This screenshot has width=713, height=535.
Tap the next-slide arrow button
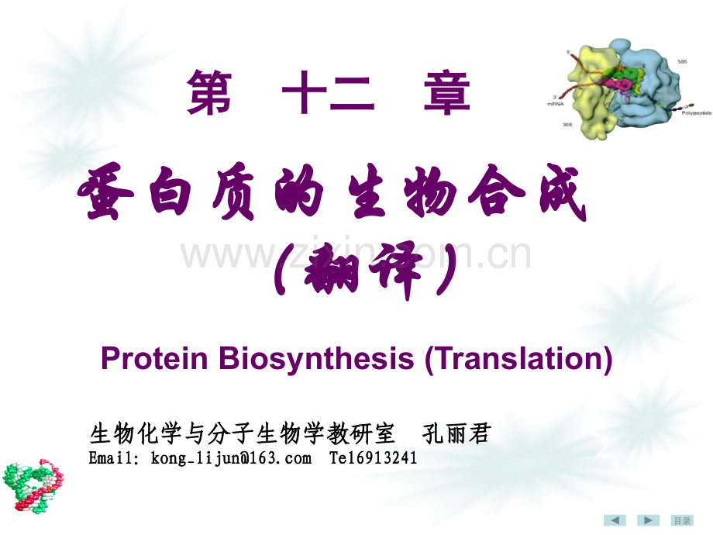tap(648, 520)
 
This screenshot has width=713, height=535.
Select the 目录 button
tap(681, 520)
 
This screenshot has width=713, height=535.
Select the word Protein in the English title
tap(154, 360)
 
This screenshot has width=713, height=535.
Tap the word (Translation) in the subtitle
tap(518, 360)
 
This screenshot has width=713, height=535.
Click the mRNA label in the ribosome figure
tap(576, 101)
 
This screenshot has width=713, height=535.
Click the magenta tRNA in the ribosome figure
tap(622, 85)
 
